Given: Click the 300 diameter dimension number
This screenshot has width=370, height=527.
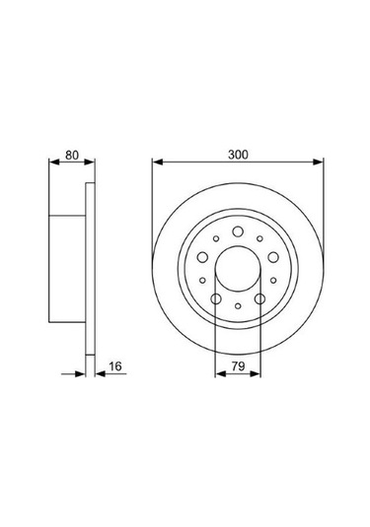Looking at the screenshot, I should [237, 153].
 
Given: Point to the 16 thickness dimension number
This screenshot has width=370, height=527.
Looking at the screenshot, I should [115, 365].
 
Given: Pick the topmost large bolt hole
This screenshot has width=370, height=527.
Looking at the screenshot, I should [238, 232].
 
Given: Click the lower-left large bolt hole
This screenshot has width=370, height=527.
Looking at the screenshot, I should [215, 298].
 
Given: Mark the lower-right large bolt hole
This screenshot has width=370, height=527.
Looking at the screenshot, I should [260, 298].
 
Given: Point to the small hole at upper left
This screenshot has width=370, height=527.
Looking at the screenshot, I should [216, 238].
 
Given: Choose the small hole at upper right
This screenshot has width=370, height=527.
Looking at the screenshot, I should [259, 238].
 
